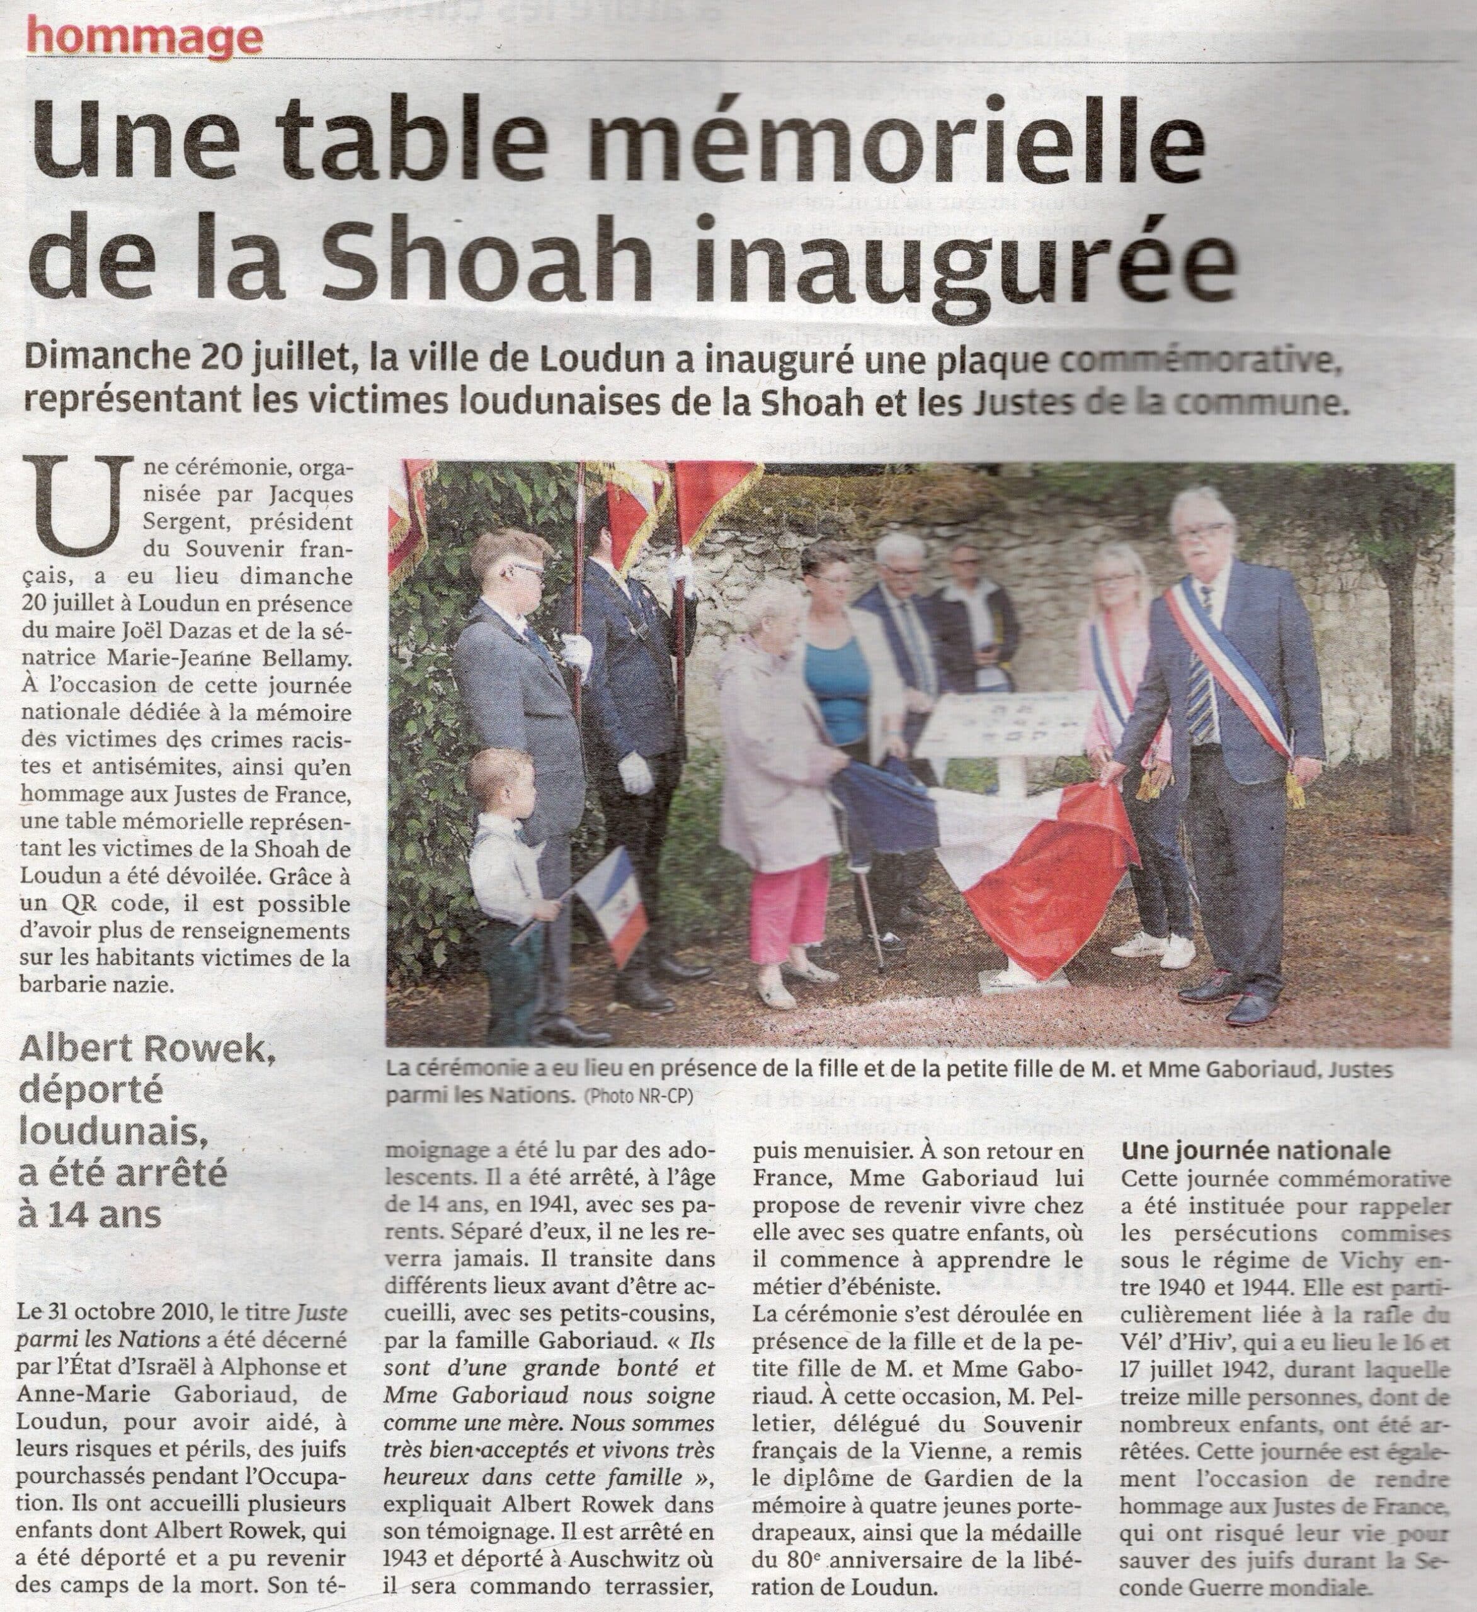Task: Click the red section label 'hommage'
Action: [x=144, y=36]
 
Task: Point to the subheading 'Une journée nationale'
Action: [x=1255, y=1152]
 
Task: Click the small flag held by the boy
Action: [x=609, y=904]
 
